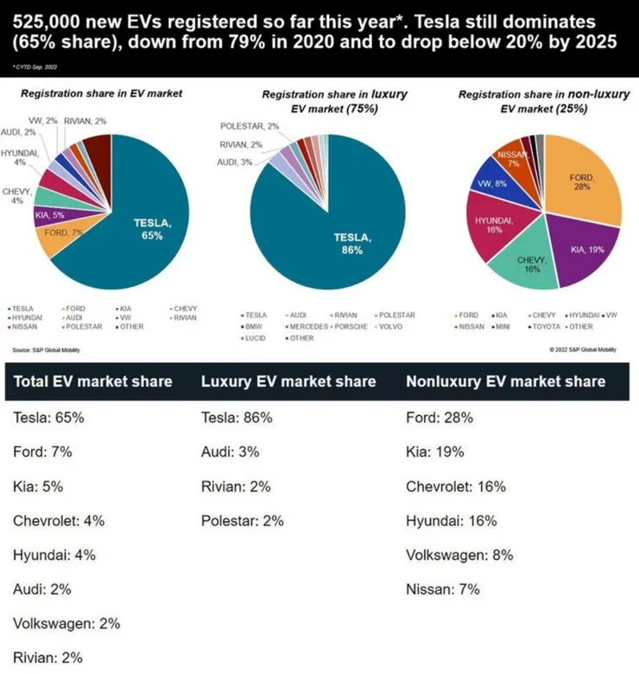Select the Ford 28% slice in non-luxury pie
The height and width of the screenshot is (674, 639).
pos(583,186)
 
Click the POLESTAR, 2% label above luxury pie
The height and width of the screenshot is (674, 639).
pos(250,126)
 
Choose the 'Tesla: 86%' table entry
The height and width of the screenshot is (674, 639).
pos(237,417)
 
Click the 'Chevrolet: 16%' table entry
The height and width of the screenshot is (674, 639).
pos(455,486)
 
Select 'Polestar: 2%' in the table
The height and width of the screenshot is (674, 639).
pos(242,521)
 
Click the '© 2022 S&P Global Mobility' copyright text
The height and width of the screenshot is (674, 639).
pos(583,350)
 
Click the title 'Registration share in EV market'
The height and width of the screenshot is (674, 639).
pos(102,92)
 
